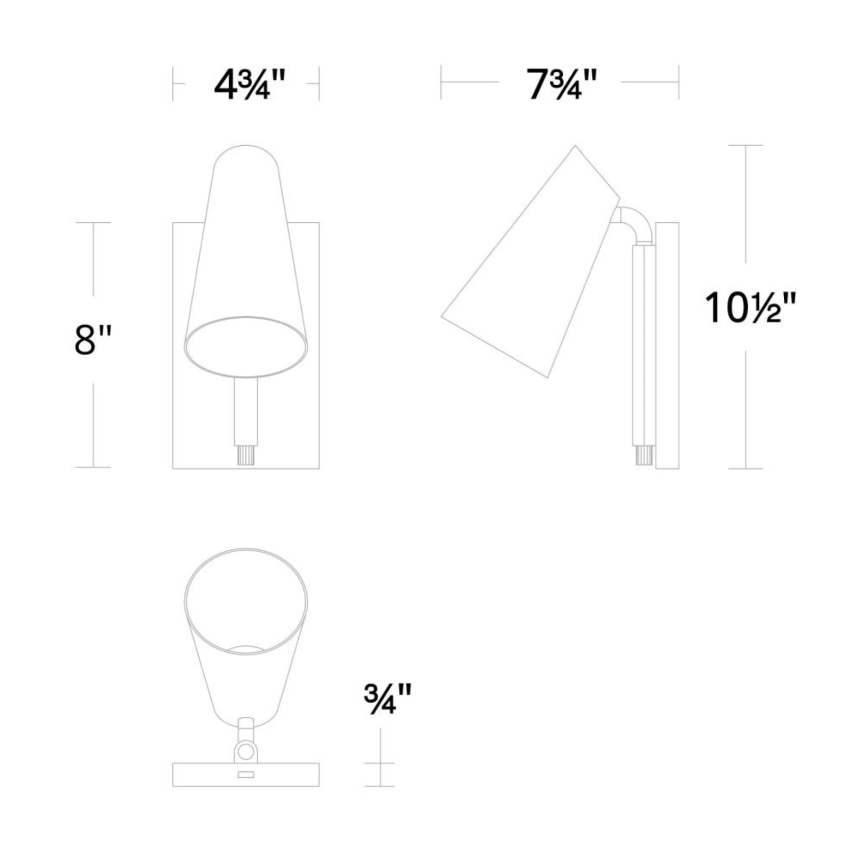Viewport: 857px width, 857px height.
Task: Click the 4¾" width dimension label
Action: point(249,84)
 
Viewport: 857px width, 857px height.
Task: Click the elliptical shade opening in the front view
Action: point(246,347)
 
